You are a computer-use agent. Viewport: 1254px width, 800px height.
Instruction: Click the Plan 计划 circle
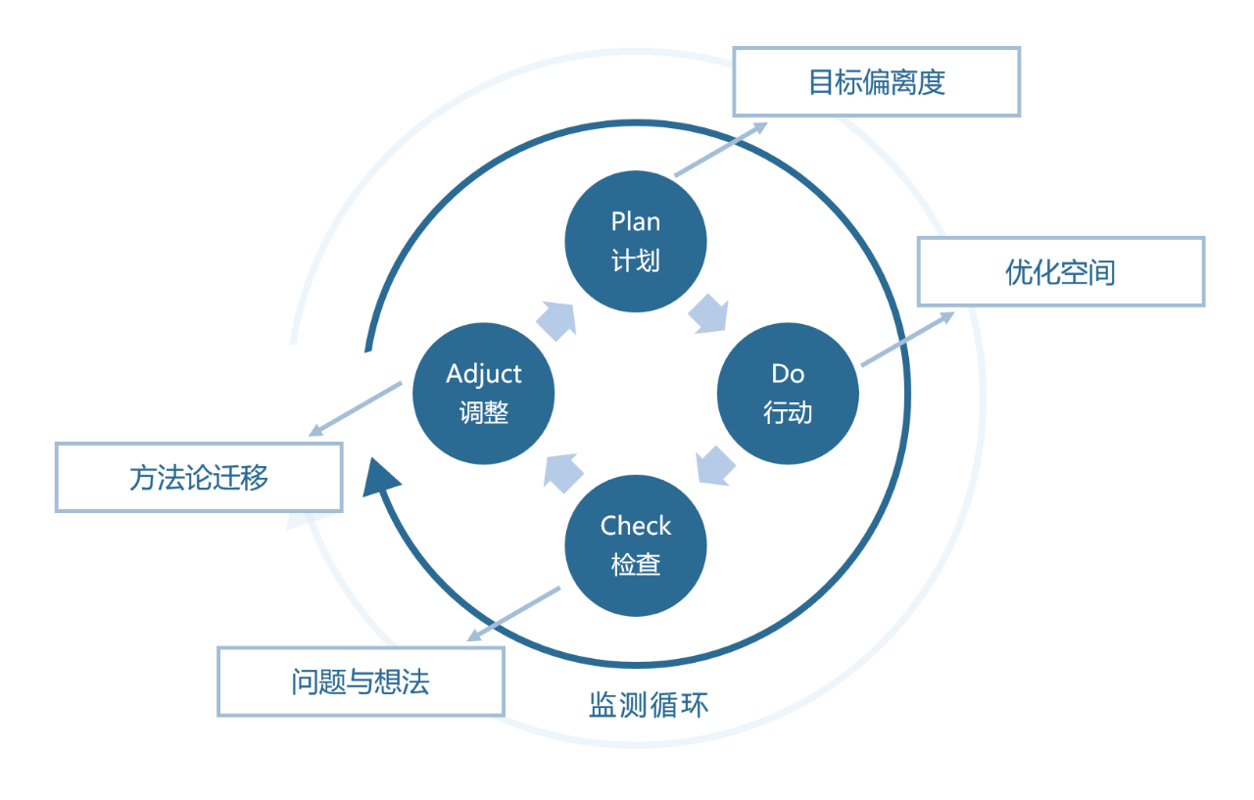click(x=636, y=242)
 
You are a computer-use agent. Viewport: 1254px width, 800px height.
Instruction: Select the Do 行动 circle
click(x=788, y=395)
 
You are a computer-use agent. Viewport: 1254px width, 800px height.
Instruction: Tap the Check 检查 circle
click(x=636, y=546)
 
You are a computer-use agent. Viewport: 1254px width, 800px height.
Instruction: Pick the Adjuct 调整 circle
click(x=484, y=395)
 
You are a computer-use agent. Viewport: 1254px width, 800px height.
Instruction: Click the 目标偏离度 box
click(x=877, y=82)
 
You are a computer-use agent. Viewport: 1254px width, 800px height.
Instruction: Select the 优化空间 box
click(x=1060, y=272)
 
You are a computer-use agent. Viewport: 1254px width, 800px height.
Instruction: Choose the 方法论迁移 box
click(x=199, y=477)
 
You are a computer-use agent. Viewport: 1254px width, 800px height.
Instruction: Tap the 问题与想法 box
click(x=361, y=682)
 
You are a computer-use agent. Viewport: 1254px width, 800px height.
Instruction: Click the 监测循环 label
click(x=648, y=705)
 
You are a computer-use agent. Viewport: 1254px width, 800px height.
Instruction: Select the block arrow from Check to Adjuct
click(x=562, y=471)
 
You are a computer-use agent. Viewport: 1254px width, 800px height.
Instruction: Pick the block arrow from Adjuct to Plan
click(x=555, y=320)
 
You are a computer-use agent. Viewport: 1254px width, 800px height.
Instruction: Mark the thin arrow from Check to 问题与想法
click(x=513, y=614)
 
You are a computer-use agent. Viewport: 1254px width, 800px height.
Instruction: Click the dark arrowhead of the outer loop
click(x=379, y=477)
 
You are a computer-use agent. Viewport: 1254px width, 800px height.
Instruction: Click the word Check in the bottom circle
click(x=636, y=527)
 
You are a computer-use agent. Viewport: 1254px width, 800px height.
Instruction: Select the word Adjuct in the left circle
click(x=484, y=374)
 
